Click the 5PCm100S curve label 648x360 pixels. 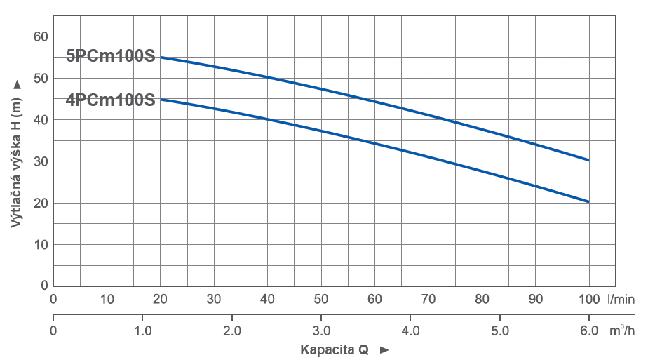(x=110, y=56)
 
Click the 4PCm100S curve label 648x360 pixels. (x=110, y=100)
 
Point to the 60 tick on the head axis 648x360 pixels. (x=40, y=36)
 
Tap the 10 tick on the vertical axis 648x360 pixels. (x=40, y=244)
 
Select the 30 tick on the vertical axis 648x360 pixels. (x=40, y=161)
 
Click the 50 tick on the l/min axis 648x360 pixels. (x=321, y=299)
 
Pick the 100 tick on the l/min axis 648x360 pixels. (x=588, y=299)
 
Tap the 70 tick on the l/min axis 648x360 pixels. (x=428, y=299)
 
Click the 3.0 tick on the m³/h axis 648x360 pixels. (x=321, y=330)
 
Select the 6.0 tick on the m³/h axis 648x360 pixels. (x=588, y=330)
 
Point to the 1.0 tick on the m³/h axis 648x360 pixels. (x=143, y=330)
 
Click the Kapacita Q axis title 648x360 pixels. (x=335, y=349)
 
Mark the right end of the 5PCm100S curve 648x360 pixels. (x=588, y=160)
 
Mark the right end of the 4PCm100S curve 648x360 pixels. (x=588, y=201)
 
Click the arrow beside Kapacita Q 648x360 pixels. (x=384, y=349)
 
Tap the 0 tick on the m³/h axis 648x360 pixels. (x=53, y=330)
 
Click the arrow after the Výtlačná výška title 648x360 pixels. (x=17, y=84)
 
